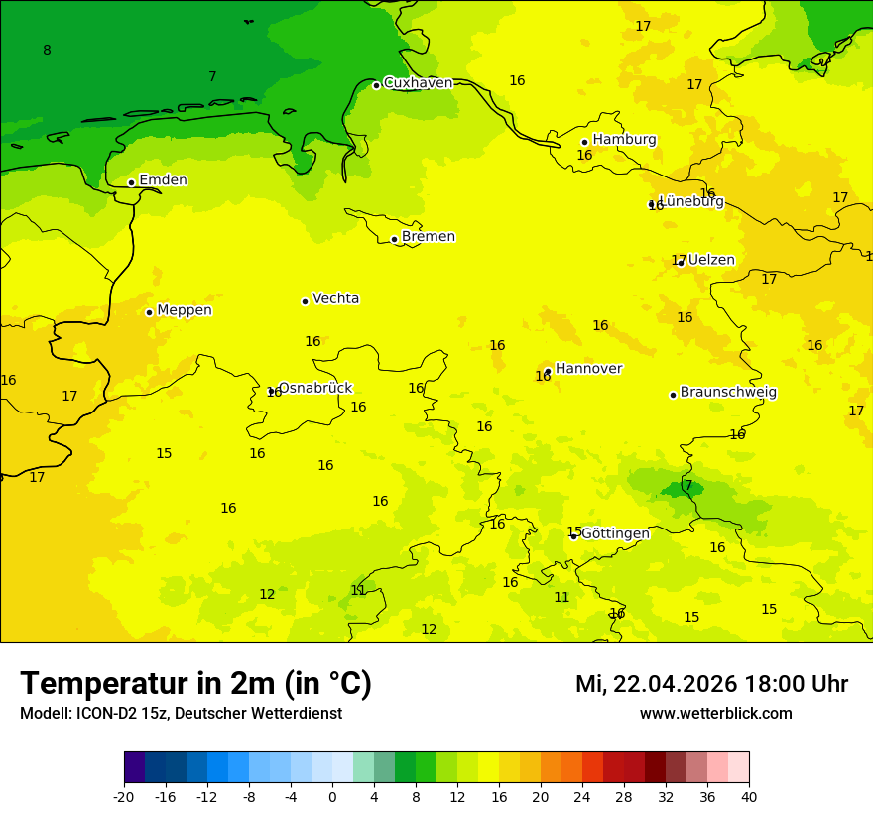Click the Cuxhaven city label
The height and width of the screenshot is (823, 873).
coord(418,83)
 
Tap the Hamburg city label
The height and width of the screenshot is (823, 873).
coord(624,140)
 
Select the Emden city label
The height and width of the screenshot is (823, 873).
coord(163,180)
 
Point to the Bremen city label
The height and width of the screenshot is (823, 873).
coord(429,237)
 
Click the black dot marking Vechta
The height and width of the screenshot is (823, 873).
coord(305,301)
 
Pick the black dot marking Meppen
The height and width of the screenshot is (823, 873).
coord(149,312)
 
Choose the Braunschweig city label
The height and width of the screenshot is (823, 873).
coord(728,393)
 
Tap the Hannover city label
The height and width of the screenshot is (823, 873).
coord(588,369)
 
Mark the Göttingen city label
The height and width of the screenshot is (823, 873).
coord(615,534)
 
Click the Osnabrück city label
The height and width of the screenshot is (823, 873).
coord(314,389)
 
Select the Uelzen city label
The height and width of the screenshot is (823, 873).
coord(711,261)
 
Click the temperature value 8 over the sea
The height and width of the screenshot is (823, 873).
coord(47,51)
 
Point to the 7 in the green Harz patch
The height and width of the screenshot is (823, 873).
coord(688,486)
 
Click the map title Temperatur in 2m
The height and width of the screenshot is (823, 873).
coord(195,684)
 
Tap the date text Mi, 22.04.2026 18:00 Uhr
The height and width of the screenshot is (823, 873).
coord(711,684)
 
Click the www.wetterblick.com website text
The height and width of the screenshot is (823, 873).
coord(715,714)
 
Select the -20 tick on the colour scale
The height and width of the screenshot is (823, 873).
coord(124,797)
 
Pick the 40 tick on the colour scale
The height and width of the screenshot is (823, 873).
coord(749,797)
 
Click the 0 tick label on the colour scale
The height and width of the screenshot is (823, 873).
coord(332,797)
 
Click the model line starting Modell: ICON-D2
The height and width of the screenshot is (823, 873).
coord(181,714)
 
